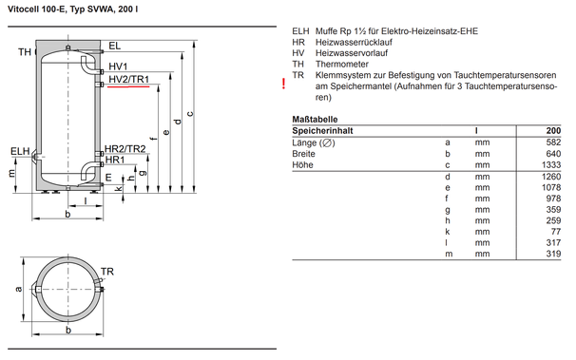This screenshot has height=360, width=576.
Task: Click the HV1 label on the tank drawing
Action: [x=118, y=66]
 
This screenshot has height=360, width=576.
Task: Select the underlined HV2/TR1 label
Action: [x=128, y=79]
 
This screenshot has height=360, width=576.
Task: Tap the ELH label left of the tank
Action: [x=20, y=151]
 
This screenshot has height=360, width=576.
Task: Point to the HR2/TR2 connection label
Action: [x=125, y=148]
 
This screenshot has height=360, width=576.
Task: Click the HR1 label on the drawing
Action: [x=115, y=160]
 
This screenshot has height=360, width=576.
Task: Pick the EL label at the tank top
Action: [x=114, y=46]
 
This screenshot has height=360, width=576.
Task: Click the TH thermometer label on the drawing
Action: [x=25, y=52]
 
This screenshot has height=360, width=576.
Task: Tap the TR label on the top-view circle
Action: [x=107, y=272]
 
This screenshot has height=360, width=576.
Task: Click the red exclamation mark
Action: [x=283, y=84]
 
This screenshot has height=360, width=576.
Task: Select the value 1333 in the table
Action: [x=551, y=165]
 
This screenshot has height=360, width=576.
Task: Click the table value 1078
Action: [x=551, y=187]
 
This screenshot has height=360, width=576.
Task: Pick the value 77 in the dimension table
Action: [x=556, y=232]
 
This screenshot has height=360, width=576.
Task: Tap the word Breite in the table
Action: [x=303, y=154]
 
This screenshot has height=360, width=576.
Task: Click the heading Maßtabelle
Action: [x=315, y=120]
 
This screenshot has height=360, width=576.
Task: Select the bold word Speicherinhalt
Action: [x=322, y=131]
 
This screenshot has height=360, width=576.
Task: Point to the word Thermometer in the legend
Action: [x=341, y=65]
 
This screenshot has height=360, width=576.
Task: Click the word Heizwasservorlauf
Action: [x=352, y=53]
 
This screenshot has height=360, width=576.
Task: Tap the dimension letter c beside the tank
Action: [x=190, y=114]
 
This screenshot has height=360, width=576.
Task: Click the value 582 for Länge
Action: [x=553, y=142]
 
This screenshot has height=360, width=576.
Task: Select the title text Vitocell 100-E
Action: [x=37, y=9]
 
